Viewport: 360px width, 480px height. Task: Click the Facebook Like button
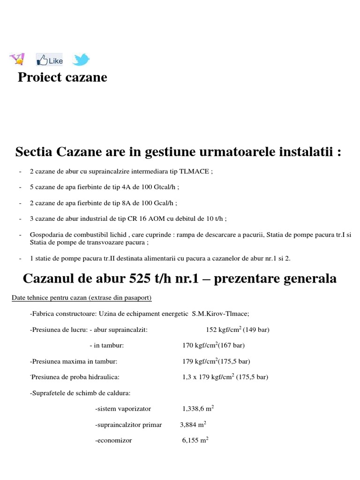tap(50, 60)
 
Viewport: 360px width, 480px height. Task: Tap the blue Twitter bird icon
tap(81, 60)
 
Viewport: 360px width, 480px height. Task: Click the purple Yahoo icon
tap(17, 60)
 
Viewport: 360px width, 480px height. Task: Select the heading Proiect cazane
tap(62, 77)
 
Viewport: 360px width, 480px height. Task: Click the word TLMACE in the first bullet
tap(196, 172)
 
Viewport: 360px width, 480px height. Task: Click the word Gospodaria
tap(45, 235)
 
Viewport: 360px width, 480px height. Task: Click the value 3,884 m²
tap(193, 425)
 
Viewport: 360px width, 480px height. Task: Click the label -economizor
tap(113, 441)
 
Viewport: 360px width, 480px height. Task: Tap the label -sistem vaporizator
tap(123, 409)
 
